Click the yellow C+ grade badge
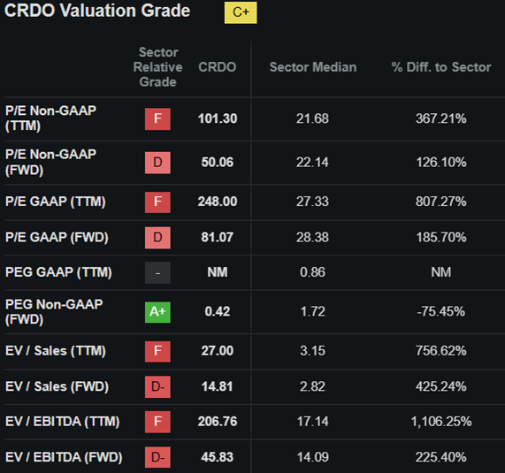pos(241,12)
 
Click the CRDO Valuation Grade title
pos(97,11)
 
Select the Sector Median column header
pos(313,67)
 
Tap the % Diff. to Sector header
pos(440,67)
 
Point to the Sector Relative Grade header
pos(158,67)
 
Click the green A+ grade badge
pos(157,311)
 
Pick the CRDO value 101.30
pos(218,118)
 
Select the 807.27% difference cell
pos(440,202)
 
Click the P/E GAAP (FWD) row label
pos(55,237)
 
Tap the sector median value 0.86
pos(313,272)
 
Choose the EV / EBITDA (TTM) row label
pos(61,422)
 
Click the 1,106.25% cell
pos(440,422)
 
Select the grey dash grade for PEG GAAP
pos(157,272)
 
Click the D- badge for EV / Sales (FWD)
pos(157,386)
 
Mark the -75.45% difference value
pos(440,311)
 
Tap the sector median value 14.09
pos(313,457)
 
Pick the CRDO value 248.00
pos(218,202)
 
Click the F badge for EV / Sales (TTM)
pos(157,351)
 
